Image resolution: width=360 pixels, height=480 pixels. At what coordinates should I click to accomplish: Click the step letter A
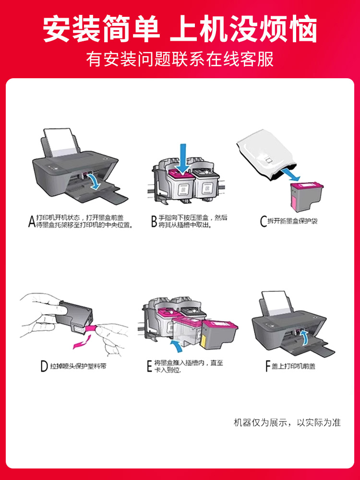pyautogui.click(x=32, y=221)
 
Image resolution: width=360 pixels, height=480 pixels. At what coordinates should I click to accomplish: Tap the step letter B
pyautogui.click(x=154, y=221)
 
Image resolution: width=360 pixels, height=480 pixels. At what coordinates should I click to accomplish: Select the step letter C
pyautogui.click(x=264, y=221)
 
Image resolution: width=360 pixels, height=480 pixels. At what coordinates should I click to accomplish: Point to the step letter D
pyautogui.click(x=44, y=367)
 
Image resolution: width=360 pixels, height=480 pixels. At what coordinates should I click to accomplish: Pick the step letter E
pyautogui.click(x=149, y=367)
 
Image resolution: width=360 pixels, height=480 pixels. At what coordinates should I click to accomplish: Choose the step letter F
pyautogui.click(x=268, y=367)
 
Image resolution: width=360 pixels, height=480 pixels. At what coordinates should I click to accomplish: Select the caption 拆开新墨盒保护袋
pyautogui.click(x=293, y=221)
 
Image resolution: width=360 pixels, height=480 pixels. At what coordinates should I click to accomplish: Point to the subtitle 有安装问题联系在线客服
pyautogui.click(x=180, y=59)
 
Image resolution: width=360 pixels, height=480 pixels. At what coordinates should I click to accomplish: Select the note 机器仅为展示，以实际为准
pyautogui.click(x=287, y=422)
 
